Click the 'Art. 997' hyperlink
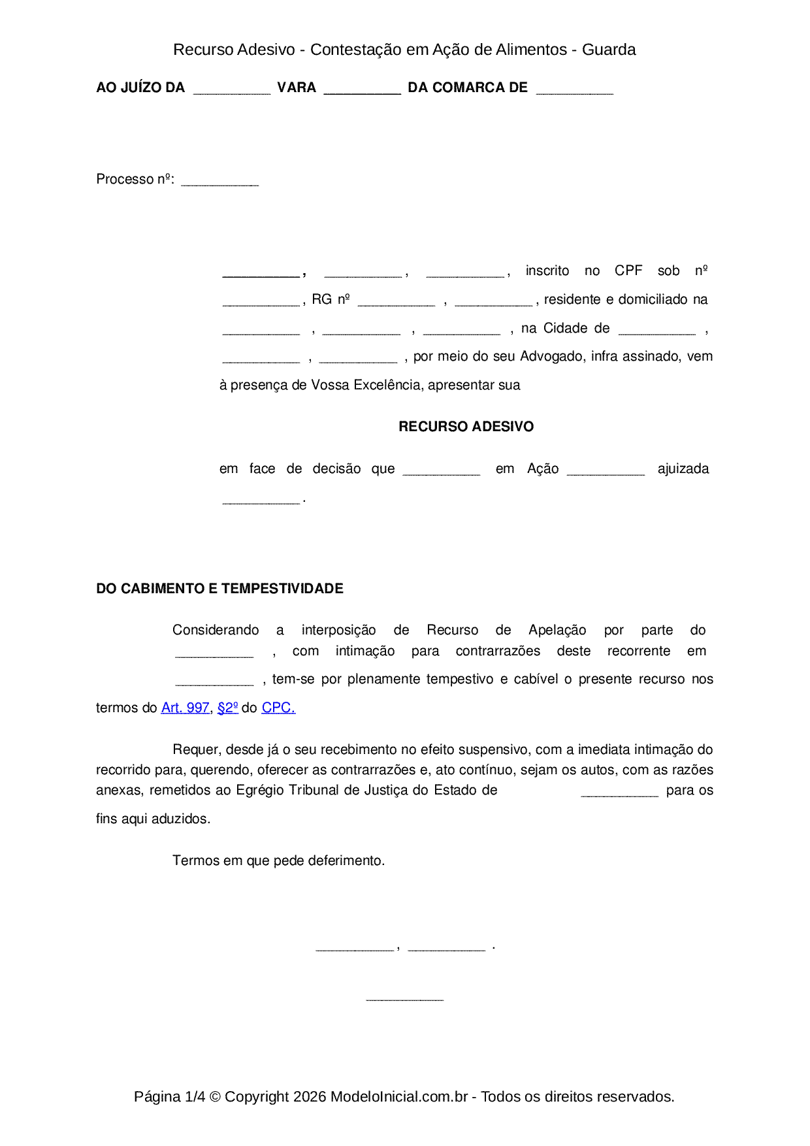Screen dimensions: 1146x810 185,708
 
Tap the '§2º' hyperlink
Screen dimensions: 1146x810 227,708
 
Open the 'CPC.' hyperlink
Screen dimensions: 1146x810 278,708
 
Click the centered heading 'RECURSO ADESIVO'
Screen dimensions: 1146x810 466,427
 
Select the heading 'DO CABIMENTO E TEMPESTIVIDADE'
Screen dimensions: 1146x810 219,589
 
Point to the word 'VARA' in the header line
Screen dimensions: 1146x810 297,88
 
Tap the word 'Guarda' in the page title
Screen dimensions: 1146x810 608,50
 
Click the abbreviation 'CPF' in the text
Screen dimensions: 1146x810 628,270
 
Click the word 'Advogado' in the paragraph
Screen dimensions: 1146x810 553,356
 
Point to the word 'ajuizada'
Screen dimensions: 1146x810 683,468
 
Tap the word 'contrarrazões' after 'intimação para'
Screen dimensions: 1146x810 498,651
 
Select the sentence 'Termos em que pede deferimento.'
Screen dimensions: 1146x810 279,860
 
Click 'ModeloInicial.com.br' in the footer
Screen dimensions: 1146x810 399,1096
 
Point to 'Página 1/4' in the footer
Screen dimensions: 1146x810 169,1096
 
